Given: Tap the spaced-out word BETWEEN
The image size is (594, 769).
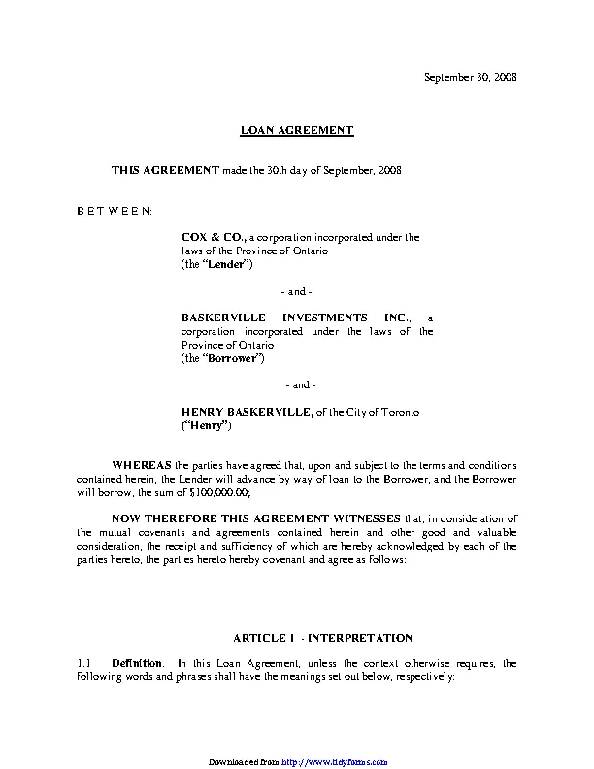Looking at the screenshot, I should [x=114, y=210].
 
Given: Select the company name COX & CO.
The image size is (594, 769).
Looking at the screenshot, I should [x=214, y=237].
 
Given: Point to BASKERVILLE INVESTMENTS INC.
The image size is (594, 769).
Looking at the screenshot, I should [x=296, y=318].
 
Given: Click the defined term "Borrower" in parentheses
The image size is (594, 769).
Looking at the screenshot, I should [x=233, y=358].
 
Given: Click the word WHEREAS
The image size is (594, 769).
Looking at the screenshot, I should [x=142, y=465].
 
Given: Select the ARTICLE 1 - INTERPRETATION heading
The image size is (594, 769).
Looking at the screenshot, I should [x=323, y=638].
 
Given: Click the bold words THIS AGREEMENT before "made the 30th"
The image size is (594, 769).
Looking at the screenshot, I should [x=165, y=170].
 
